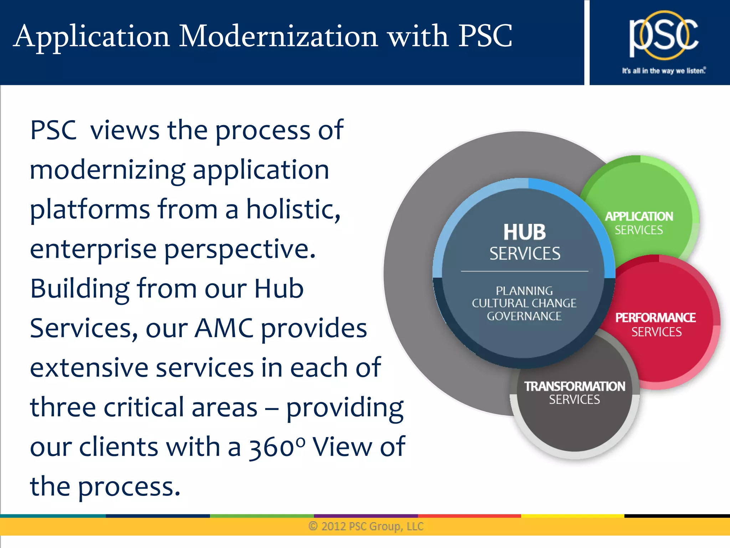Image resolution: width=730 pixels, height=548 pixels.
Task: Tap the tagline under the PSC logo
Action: [x=664, y=71]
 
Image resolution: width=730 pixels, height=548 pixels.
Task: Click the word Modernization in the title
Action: [x=278, y=36]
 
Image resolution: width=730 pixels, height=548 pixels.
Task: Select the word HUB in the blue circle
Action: [x=524, y=232]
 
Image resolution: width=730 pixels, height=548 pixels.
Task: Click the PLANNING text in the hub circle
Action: [x=524, y=291]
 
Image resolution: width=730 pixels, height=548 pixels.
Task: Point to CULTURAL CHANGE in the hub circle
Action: [x=524, y=303]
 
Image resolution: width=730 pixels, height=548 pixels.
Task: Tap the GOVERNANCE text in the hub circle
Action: [x=524, y=316]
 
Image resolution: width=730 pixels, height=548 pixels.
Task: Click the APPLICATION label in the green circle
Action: [x=639, y=216]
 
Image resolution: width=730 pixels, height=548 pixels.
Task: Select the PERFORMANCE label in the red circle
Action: [x=656, y=318]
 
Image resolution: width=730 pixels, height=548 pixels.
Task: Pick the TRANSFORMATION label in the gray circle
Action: [x=574, y=386]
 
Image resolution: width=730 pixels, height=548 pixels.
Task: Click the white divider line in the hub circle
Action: [x=524, y=271]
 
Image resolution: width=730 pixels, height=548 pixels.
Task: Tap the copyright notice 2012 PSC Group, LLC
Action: [x=366, y=526]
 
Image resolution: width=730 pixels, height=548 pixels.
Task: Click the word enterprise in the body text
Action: [x=93, y=250]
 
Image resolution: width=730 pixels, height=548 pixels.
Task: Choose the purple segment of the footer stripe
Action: [x=366, y=516]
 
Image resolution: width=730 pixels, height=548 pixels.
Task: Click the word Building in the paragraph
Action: [x=80, y=288]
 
